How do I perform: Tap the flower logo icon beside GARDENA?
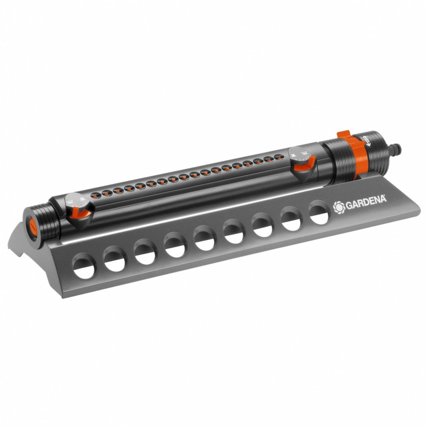pyautogui.click(x=339, y=207)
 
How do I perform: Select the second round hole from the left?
pyautogui.click(x=114, y=259)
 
